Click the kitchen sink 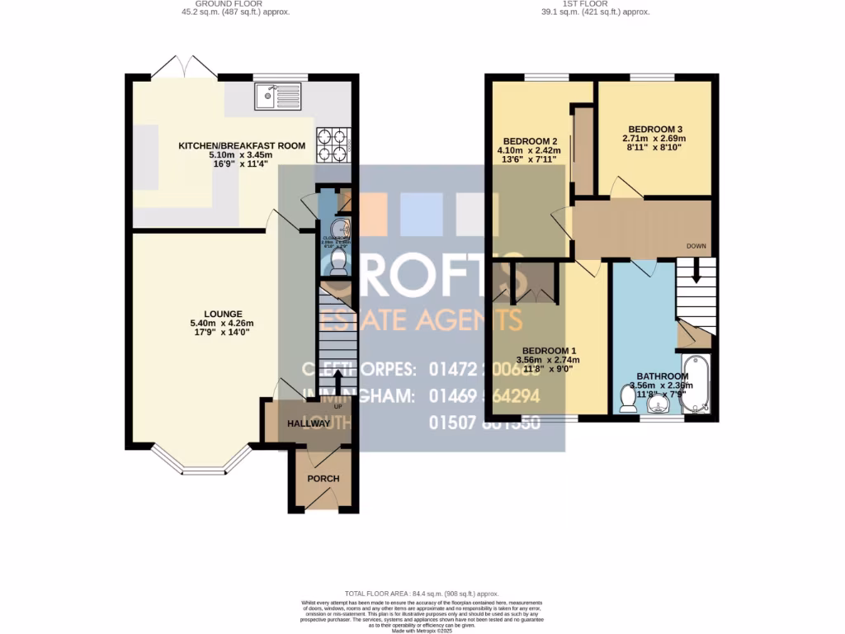280,98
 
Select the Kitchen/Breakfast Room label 242,145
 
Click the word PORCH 323,479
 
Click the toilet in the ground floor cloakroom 338,262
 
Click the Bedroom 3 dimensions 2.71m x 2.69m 655,139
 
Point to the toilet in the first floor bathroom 627,399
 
